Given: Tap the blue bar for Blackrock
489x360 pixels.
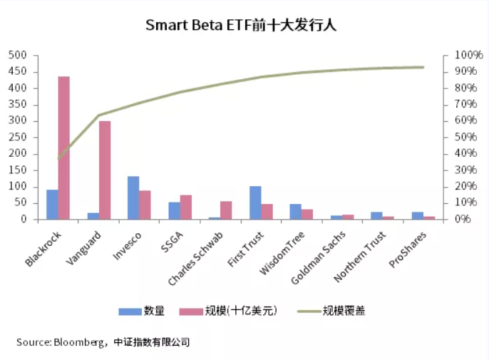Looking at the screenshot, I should pos(52,205).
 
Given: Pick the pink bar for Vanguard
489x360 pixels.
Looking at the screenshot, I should pos(105,170).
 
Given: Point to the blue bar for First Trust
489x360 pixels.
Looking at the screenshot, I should pos(255,202).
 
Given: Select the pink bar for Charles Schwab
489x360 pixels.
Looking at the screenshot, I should pos(226,210).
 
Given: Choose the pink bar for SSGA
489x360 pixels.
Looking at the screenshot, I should pos(185,207).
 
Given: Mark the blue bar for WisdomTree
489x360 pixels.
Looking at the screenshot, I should pos(295,212).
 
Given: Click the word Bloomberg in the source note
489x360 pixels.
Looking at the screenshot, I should pos(79,342).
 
